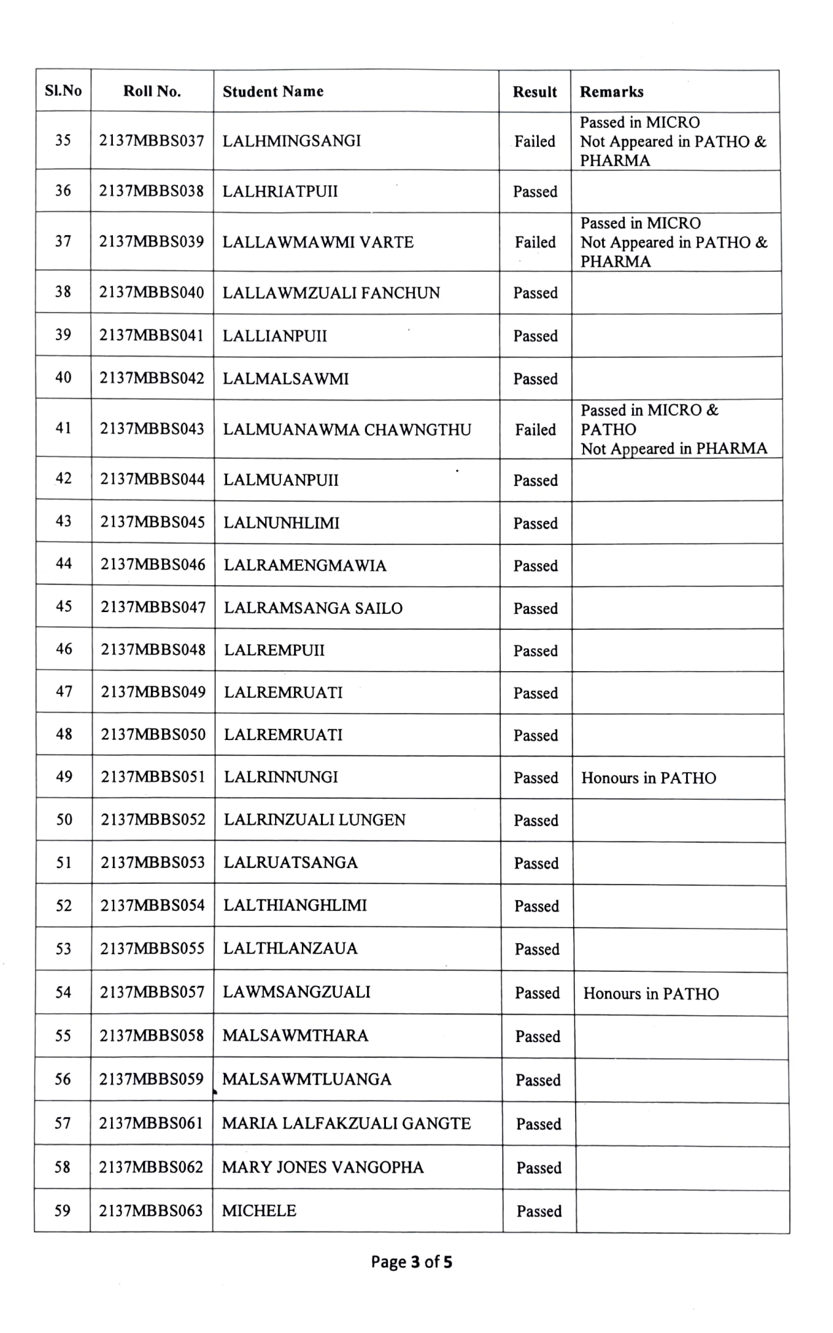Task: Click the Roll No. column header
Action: [152, 91]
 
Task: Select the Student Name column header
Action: [273, 91]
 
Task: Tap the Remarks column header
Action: [611, 92]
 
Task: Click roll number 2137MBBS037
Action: [152, 141]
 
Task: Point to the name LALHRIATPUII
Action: [280, 192]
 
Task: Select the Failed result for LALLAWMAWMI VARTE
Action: [535, 242]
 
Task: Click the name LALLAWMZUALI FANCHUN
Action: [331, 293]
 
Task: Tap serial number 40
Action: [63, 378]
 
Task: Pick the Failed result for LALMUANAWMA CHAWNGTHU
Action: [535, 429]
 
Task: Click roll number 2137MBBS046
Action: [153, 565]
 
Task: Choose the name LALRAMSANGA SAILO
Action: [313, 608]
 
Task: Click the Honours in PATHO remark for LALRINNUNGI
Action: [649, 778]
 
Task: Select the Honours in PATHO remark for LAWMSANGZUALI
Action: [651, 994]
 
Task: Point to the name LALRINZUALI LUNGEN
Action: [314, 820]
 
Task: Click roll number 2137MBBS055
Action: [152, 948]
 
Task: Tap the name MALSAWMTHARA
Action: [295, 1036]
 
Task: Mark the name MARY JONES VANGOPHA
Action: [323, 1167]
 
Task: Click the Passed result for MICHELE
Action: [539, 1211]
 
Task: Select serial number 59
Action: [62, 1210]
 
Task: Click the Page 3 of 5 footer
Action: [412, 1261]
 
